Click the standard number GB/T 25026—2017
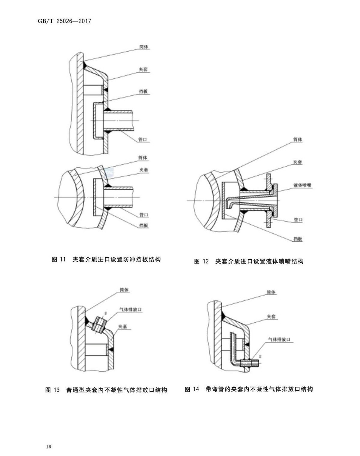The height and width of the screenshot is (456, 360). (64, 21)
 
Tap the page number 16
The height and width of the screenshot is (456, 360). (49, 446)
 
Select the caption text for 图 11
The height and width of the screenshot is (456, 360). (106, 259)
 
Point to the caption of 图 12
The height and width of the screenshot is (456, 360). (249, 261)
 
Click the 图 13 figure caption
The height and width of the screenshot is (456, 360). (106, 390)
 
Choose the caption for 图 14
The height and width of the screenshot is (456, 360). (249, 389)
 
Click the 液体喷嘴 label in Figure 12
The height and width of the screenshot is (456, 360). (303, 185)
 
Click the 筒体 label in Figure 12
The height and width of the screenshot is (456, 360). (297, 140)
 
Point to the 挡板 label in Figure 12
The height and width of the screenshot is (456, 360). (298, 239)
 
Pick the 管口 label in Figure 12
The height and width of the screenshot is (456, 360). (298, 220)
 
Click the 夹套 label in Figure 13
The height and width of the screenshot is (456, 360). (123, 326)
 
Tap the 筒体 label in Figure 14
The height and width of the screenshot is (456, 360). (271, 292)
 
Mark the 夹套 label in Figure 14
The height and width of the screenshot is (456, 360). (271, 317)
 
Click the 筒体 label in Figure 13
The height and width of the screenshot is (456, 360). (124, 290)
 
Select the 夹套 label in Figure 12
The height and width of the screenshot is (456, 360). (297, 162)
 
